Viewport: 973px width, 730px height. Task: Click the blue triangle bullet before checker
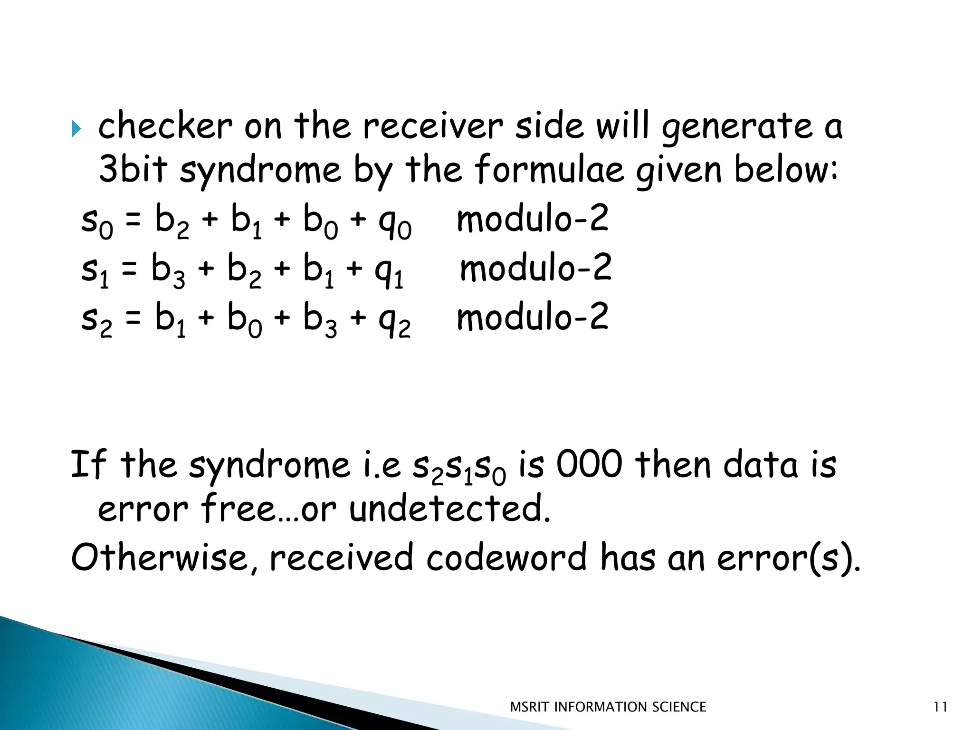point(76,128)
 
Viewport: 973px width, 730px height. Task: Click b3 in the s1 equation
point(168,271)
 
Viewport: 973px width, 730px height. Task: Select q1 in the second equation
point(389,272)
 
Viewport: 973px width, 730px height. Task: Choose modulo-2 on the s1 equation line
point(535,268)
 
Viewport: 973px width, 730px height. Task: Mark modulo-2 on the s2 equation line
point(532,317)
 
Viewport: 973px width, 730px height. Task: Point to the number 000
point(589,464)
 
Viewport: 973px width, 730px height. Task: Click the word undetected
point(449,509)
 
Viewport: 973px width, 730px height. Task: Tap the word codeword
point(506,557)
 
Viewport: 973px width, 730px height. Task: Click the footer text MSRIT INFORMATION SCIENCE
point(608,707)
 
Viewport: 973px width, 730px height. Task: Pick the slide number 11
point(940,707)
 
